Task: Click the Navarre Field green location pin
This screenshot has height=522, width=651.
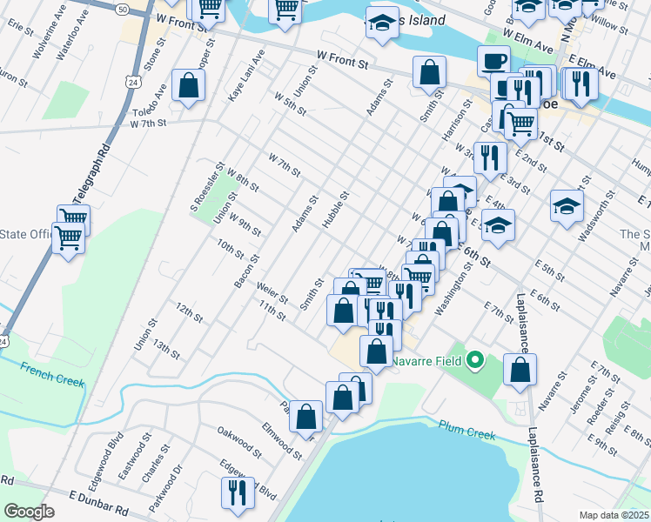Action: pyautogui.click(x=474, y=359)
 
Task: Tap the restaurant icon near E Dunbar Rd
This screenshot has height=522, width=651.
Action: pyautogui.click(x=238, y=492)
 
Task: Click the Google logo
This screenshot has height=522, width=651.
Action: pyautogui.click(x=28, y=512)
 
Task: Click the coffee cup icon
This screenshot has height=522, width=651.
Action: pyautogui.click(x=493, y=61)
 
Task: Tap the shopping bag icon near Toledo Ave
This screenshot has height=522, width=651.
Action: pyautogui.click(x=189, y=85)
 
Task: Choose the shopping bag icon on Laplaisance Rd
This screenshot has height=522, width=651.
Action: pyautogui.click(x=520, y=369)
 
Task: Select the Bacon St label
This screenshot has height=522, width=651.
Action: pyautogui.click(x=247, y=271)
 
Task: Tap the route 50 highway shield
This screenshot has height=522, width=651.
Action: pyautogui.click(x=121, y=7)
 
